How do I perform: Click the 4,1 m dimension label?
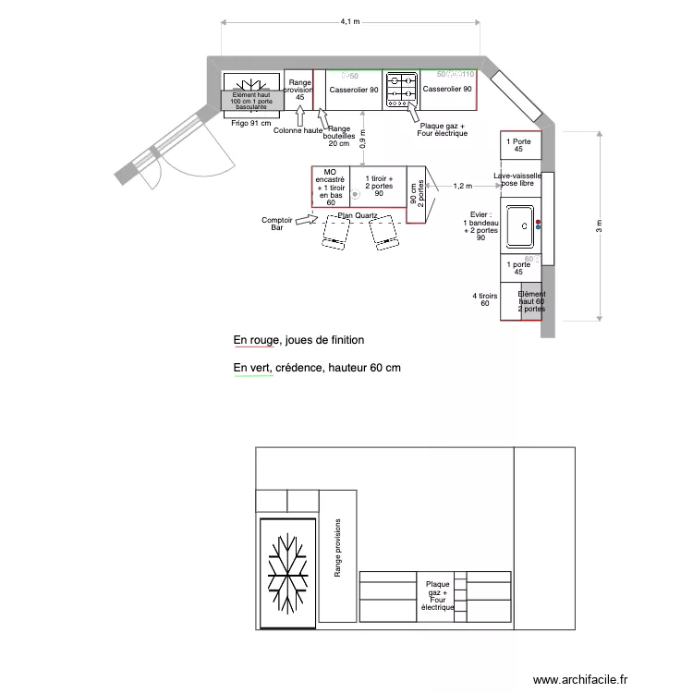349,21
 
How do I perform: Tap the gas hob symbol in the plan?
401,87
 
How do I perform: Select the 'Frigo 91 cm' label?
251,122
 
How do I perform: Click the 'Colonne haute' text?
298,130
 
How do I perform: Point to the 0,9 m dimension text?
363,139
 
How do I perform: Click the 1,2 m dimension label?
463,186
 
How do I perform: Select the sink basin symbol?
522,225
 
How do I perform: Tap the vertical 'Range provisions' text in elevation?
338,548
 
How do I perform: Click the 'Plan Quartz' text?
359,216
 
